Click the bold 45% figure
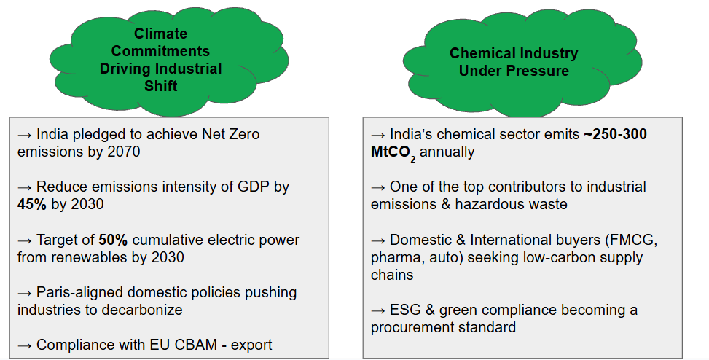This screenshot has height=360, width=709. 31,204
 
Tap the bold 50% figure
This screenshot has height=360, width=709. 113,240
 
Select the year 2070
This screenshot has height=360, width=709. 123,152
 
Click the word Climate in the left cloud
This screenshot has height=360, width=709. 160,34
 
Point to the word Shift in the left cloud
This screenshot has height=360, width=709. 160,86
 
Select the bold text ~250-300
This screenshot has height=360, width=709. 615,134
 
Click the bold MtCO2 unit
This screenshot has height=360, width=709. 393,153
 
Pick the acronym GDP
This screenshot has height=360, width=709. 254,187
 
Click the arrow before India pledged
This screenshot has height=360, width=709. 25,135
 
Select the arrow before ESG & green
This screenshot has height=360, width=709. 378,310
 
